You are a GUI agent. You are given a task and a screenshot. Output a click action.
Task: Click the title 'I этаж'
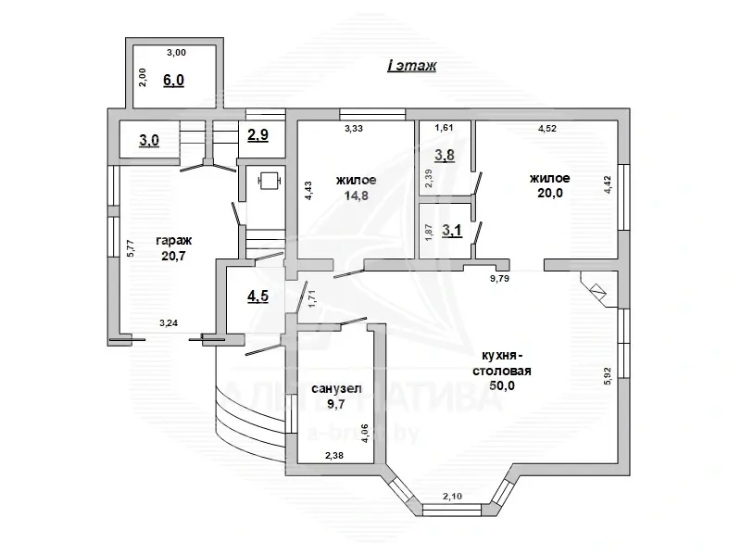tap(411, 66)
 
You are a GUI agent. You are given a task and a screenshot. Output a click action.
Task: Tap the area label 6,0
tap(173, 81)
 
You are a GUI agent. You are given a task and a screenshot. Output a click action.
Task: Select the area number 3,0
tap(149, 141)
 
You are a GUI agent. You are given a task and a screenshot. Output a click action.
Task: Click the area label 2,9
tap(258, 135)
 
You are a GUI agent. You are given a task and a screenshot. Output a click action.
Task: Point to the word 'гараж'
tap(174, 241)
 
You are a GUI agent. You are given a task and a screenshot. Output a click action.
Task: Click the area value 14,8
tap(357, 196)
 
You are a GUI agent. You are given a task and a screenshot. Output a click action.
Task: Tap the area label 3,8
tap(445, 155)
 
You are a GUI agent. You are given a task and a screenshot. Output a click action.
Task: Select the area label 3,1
tap(452, 231)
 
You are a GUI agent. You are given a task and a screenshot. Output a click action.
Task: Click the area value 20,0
tap(550, 193)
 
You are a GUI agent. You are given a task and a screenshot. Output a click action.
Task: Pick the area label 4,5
tap(258, 296)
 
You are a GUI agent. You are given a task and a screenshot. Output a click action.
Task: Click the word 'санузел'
tap(336, 389)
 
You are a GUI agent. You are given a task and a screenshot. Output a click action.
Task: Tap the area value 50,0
tap(502, 385)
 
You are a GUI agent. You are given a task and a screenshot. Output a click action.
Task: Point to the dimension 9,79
tap(499, 279)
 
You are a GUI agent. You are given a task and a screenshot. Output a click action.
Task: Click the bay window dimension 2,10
tap(452, 497)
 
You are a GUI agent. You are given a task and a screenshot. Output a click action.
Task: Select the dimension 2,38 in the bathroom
tap(334, 456)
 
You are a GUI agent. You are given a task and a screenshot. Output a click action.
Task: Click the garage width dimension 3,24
tap(169, 323)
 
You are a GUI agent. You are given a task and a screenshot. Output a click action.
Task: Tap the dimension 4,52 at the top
tap(547, 129)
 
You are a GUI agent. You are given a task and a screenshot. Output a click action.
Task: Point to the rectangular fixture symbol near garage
tap(270, 181)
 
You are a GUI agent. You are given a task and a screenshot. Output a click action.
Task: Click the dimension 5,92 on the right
tap(608, 376)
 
